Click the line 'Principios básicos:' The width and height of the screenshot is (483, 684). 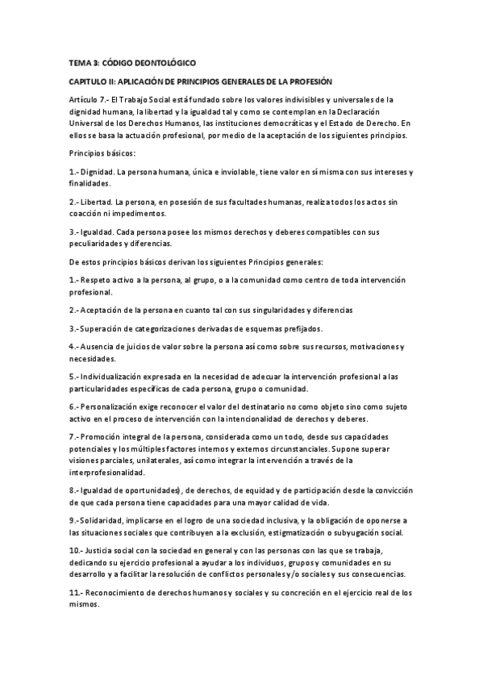coord(102,153)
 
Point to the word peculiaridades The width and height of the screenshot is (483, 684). coord(100,244)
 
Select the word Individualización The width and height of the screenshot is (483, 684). coord(117,377)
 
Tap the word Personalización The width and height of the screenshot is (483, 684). coord(114,407)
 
